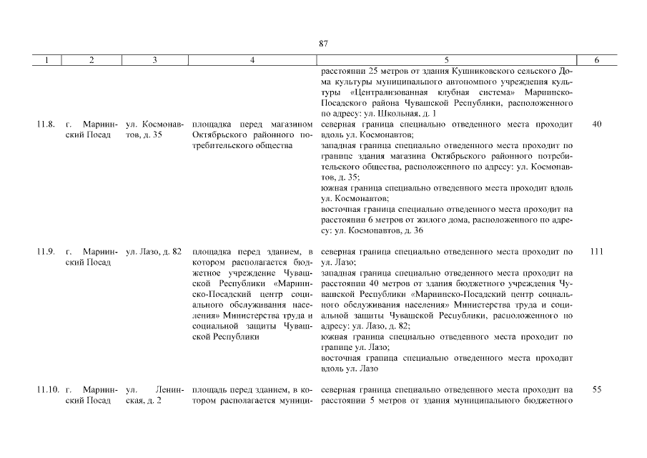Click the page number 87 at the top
(x=323, y=44)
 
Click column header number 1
(x=46, y=61)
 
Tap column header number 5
(x=447, y=61)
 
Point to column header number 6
(x=597, y=61)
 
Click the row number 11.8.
(x=45, y=125)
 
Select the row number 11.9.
(x=45, y=252)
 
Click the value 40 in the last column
(x=597, y=125)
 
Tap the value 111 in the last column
(x=597, y=252)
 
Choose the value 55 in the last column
(x=597, y=390)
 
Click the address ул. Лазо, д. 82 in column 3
(x=153, y=252)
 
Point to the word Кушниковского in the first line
(x=478, y=72)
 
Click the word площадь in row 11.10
(x=209, y=390)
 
